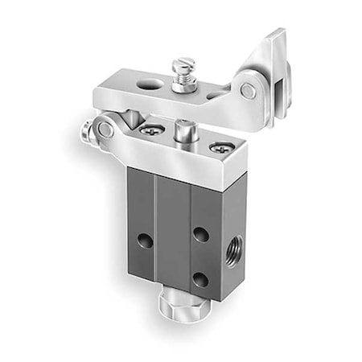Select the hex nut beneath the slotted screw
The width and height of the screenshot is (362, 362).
pyautogui.click(x=186, y=81)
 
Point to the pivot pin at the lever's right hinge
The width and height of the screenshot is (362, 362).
pyautogui.click(x=249, y=92)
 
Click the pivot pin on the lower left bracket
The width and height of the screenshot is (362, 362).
pyautogui.click(x=105, y=128)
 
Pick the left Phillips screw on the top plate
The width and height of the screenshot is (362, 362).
pyautogui.click(x=150, y=130)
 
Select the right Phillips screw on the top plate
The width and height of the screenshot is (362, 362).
pyautogui.click(x=218, y=147)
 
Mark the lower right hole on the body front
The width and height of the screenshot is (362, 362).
pyautogui.click(x=199, y=279)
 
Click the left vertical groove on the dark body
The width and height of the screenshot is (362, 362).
pyautogui.click(x=155, y=233)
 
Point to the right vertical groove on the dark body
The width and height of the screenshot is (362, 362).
pyautogui.click(x=190, y=241)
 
